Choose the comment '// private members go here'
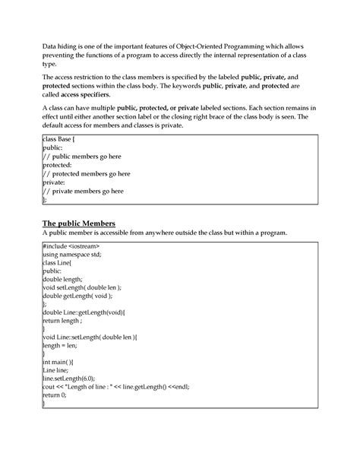[x=83, y=192]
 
